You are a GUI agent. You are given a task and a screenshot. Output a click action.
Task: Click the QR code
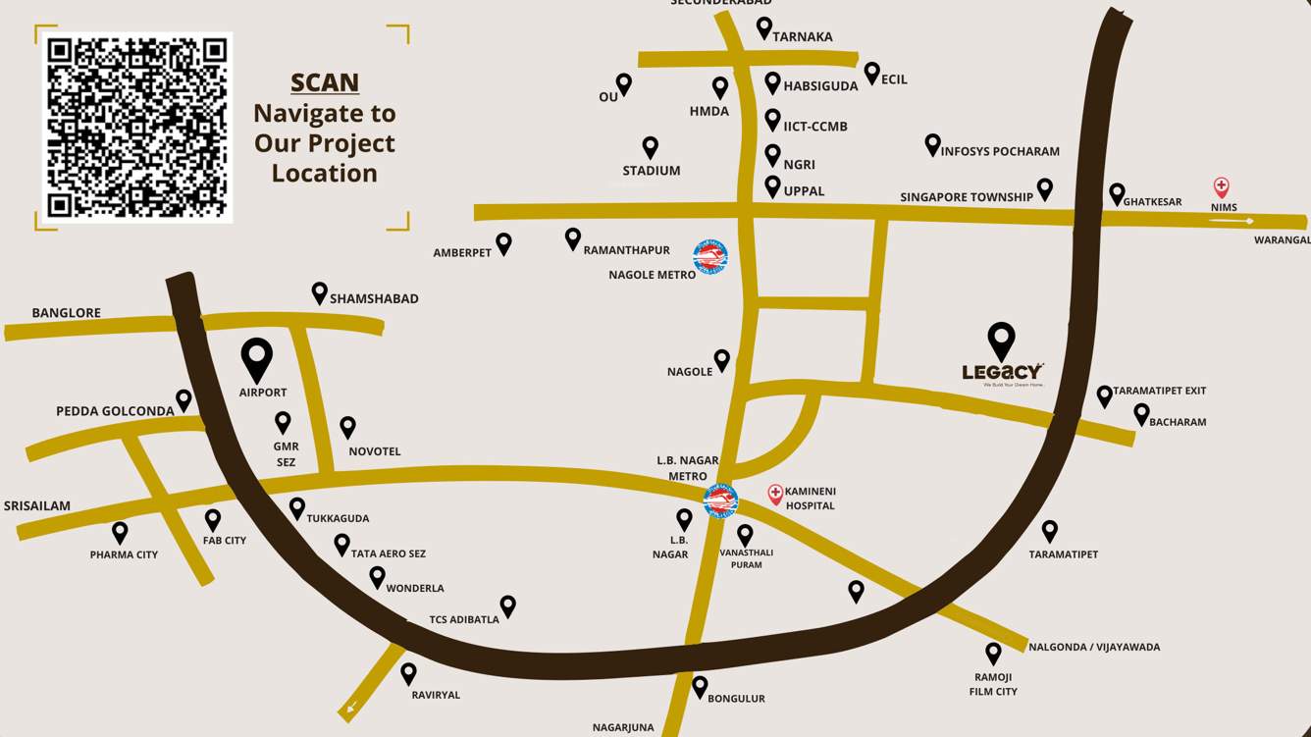(137, 128)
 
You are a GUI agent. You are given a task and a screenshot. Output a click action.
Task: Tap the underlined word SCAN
(325, 83)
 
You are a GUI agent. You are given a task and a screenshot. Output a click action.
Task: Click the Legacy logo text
(1001, 371)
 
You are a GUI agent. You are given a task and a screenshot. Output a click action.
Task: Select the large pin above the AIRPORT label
(257, 358)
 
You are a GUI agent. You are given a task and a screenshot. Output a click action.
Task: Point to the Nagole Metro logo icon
(710, 257)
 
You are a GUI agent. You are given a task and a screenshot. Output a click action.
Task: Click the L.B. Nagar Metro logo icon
(720, 500)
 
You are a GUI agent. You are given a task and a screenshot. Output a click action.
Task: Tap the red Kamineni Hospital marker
(775, 494)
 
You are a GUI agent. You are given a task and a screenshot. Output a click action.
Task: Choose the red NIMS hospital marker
(1222, 186)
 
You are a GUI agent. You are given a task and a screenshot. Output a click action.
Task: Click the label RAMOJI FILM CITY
(993, 684)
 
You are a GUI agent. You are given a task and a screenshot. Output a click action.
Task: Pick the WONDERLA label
(415, 589)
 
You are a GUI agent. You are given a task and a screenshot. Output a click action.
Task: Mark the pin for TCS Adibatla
(507, 605)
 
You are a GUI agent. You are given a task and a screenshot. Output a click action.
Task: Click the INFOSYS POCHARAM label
(1000, 151)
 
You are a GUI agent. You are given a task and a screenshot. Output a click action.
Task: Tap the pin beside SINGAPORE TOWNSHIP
(1045, 188)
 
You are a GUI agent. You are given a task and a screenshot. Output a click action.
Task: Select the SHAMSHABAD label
(374, 298)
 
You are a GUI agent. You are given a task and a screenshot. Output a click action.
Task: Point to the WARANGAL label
(1282, 240)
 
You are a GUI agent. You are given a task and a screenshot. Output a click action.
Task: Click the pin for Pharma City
(120, 532)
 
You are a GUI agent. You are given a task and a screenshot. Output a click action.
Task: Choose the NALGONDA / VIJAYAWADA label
(1094, 648)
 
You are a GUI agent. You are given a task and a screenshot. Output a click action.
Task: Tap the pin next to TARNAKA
(763, 27)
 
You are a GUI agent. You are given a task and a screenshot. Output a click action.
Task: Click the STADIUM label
(652, 171)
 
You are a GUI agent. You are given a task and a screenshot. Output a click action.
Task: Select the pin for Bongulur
(700, 685)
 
